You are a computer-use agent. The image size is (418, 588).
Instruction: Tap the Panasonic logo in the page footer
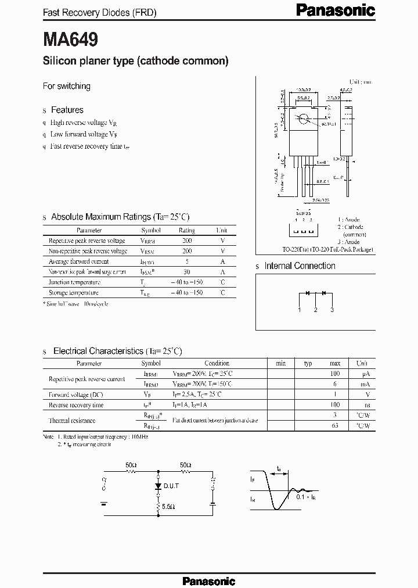point(209,580)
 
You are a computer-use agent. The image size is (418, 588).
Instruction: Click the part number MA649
point(70,40)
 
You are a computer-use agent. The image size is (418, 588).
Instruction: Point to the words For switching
point(67,86)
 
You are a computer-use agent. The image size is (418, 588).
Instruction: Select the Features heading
point(67,110)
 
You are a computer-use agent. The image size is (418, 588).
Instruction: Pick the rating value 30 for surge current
point(187,272)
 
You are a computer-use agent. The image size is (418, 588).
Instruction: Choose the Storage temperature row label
point(73,293)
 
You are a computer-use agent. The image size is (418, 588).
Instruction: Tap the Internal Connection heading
point(300,266)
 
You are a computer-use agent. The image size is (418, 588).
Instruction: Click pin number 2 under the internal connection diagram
point(316,310)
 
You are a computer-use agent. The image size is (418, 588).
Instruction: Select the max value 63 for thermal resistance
point(335,426)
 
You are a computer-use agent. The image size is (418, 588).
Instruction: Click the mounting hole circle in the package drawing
point(303,119)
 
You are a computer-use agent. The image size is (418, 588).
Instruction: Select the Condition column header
point(217,363)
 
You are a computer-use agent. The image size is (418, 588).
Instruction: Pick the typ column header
point(308,363)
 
